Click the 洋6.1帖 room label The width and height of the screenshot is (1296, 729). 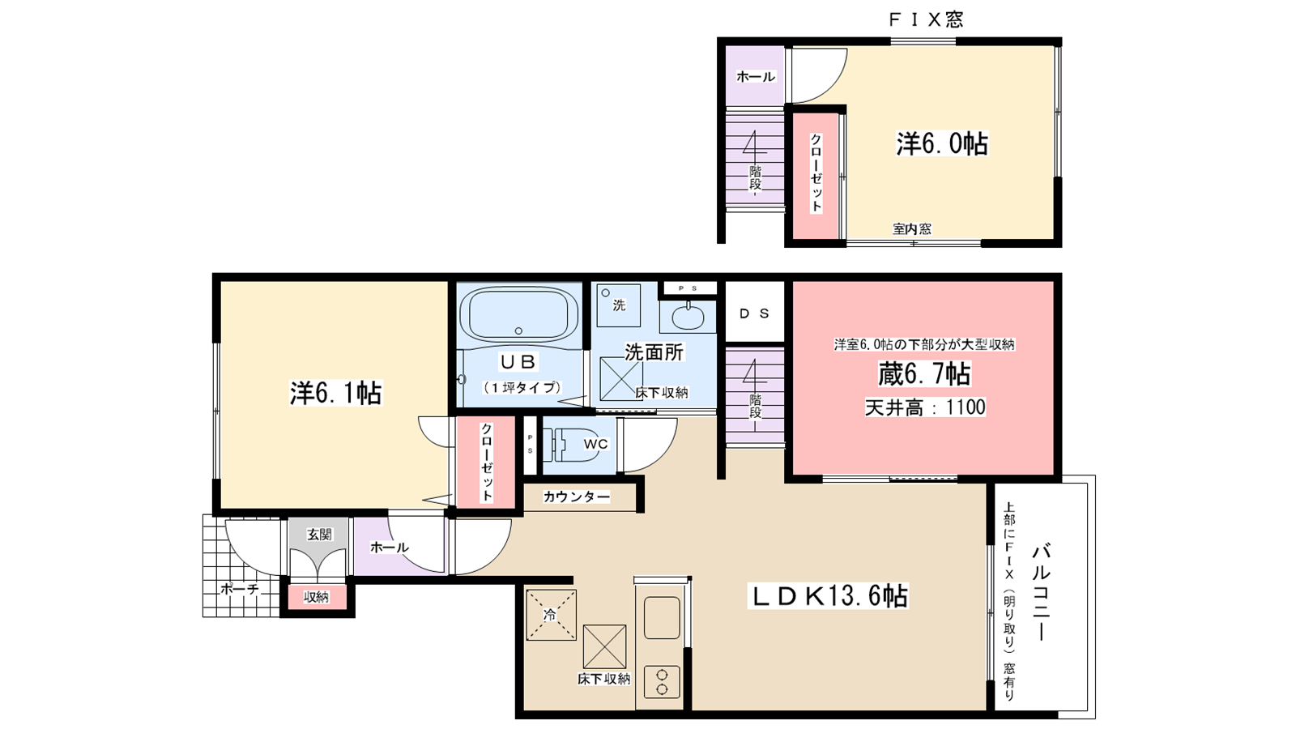pyautogui.click(x=335, y=393)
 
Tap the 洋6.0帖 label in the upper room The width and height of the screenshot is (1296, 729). pyautogui.click(x=942, y=143)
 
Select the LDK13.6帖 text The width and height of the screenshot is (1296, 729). pyautogui.click(x=829, y=596)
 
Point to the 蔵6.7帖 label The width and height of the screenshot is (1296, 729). pyautogui.click(x=924, y=373)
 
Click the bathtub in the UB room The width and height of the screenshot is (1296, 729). pyautogui.click(x=519, y=315)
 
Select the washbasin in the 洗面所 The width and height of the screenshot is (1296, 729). pyautogui.click(x=688, y=317)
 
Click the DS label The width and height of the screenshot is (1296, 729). pyautogui.click(x=754, y=313)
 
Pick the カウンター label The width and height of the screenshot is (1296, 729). pyautogui.click(x=576, y=497)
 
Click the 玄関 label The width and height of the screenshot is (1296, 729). pyautogui.click(x=319, y=535)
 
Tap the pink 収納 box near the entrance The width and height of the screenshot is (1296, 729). pyautogui.click(x=317, y=597)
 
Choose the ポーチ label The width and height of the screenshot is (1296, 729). pyautogui.click(x=240, y=589)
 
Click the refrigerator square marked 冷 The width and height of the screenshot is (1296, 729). pyautogui.click(x=551, y=615)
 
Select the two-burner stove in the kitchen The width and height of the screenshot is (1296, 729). pyautogui.click(x=661, y=681)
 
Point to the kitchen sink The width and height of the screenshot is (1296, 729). pyautogui.click(x=662, y=617)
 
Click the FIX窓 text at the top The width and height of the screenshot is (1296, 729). pyautogui.click(x=927, y=19)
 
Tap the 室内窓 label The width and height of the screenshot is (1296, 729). pyautogui.click(x=912, y=229)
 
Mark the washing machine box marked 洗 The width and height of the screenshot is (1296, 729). pyautogui.click(x=619, y=305)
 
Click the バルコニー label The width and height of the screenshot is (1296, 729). pyautogui.click(x=1042, y=592)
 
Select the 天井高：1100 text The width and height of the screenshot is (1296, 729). pyautogui.click(x=924, y=407)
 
